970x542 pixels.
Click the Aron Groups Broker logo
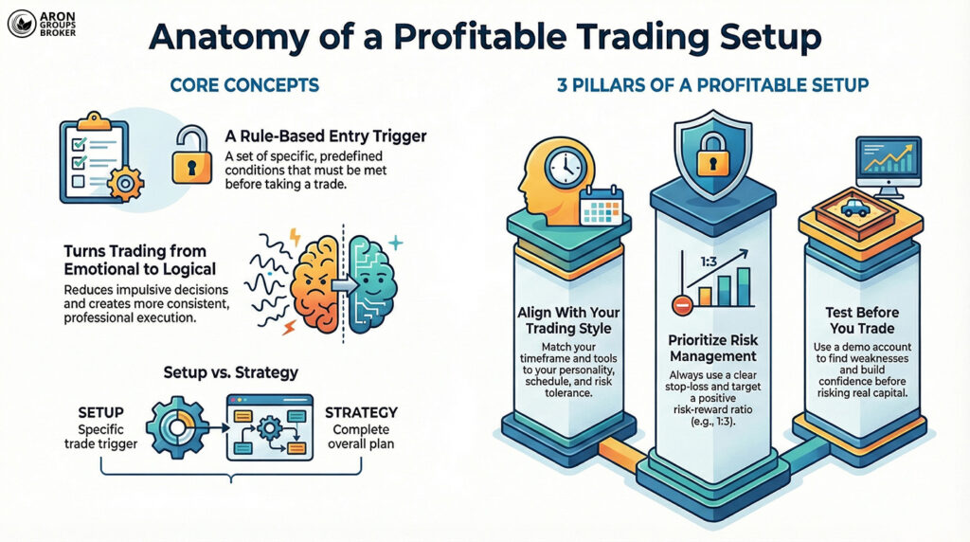click(43, 25)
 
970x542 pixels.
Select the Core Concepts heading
click(244, 85)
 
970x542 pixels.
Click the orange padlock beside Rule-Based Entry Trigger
click(191, 156)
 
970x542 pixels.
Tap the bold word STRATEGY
click(361, 413)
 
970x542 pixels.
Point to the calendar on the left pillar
click(599, 204)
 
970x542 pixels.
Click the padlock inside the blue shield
click(711, 159)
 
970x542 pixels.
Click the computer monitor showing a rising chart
click(889, 165)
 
